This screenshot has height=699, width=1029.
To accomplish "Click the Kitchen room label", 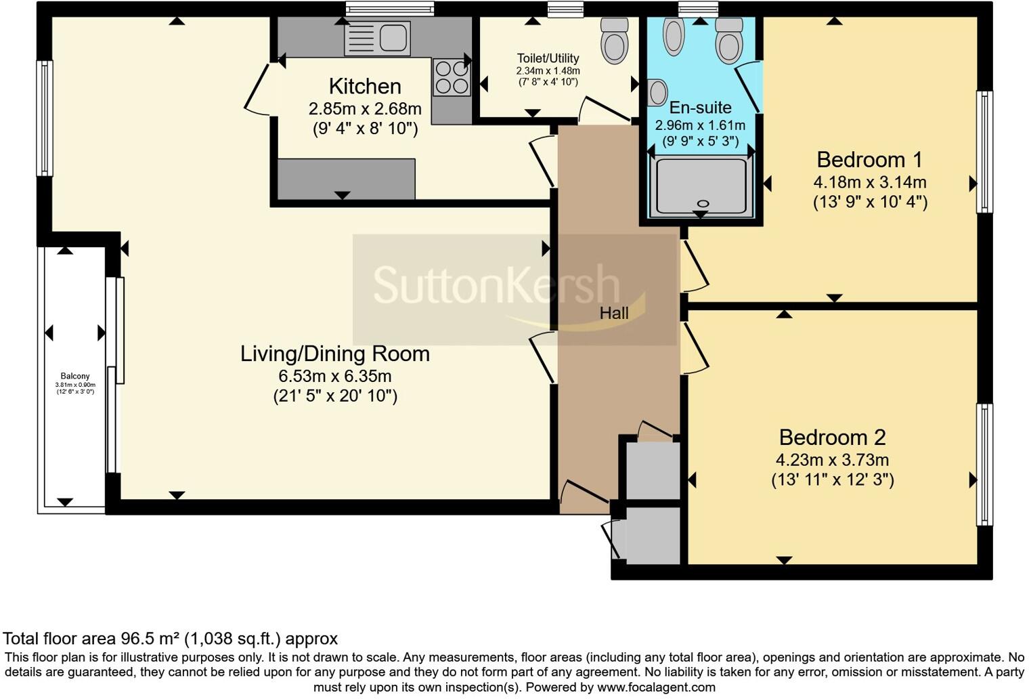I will [x=365, y=87].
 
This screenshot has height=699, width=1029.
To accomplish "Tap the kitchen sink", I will [x=377, y=38].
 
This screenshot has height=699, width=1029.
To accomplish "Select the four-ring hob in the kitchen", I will [x=452, y=77].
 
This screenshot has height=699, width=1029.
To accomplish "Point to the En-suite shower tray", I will [x=701, y=187].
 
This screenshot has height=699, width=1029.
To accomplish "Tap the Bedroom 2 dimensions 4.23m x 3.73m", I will [x=832, y=460].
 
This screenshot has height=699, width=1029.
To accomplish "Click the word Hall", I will [x=614, y=313].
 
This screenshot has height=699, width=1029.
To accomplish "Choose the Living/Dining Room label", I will [x=335, y=354].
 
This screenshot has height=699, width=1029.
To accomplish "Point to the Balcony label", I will [x=75, y=376].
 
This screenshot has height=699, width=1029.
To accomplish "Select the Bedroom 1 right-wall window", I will [x=984, y=152].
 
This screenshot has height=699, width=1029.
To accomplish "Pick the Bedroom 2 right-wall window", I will [x=984, y=465].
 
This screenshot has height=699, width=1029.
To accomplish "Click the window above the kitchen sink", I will [x=389, y=9].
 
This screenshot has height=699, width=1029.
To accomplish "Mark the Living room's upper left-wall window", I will [x=45, y=119].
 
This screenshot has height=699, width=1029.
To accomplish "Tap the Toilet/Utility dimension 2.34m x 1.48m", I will [x=548, y=71].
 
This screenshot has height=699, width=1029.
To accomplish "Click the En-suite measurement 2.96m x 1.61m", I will [x=700, y=125].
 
